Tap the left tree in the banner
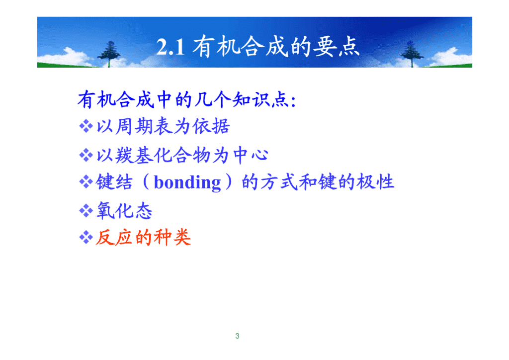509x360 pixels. (109, 54)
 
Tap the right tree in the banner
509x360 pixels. (411, 54)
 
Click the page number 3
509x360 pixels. (237, 336)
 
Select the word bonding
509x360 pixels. (187, 182)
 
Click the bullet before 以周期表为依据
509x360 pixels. (86, 126)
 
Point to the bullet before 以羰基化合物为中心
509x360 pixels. (86, 155)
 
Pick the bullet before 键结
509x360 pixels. (86, 181)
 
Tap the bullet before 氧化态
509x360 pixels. (86, 211)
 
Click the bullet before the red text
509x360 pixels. (86, 237)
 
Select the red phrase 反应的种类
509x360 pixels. (143, 237)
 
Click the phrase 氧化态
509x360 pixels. (124, 211)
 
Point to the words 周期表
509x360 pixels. (144, 126)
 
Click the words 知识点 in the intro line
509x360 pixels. (260, 99)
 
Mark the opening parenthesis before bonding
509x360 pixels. (146, 182)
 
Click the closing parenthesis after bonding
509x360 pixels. (229, 182)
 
